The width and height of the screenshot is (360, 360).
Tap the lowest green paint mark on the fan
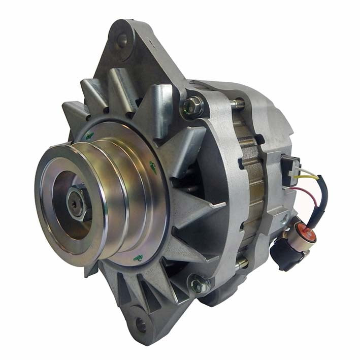coord(138,258)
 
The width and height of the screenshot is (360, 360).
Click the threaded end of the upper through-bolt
coord(239,104)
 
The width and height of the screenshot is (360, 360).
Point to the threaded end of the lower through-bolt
coord(242,264)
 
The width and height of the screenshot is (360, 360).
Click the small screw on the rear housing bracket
coord(285,220)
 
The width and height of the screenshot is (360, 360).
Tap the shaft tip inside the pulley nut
coord(76,205)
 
